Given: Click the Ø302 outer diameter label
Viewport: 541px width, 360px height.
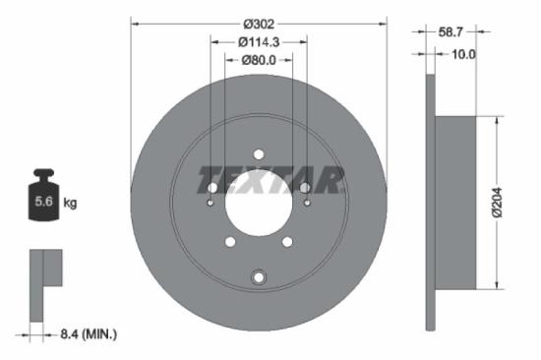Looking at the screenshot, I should [259, 22].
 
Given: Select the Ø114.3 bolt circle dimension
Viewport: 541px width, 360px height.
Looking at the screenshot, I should [259, 41].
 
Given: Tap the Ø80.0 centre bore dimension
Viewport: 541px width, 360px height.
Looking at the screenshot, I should [259, 60].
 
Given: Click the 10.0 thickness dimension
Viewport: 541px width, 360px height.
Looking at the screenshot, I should [461, 54].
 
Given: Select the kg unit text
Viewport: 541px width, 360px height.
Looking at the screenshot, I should [70, 204].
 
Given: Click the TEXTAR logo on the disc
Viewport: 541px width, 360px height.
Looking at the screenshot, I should [270, 181].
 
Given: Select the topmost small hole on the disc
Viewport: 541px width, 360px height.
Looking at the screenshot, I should [259, 153].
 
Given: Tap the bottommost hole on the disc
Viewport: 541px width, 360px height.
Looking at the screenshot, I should [259, 276].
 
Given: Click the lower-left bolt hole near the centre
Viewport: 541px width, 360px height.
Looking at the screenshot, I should [230, 241].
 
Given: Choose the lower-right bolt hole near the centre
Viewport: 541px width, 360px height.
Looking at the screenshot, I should [287, 241].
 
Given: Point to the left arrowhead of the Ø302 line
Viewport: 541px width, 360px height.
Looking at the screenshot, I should [134, 22].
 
